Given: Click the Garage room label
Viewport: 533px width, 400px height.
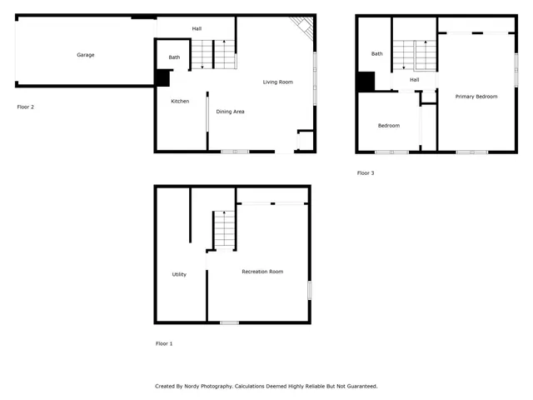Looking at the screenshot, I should click(x=86, y=55).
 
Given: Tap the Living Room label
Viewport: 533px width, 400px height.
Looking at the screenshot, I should click(x=277, y=82).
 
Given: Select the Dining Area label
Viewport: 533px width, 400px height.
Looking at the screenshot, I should click(x=230, y=111).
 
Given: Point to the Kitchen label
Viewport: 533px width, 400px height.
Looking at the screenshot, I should click(x=180, y=101).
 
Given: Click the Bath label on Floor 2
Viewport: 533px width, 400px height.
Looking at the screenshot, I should click(x=174, y=57).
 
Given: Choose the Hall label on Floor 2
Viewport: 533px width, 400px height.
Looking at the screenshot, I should click(x=197, y=28).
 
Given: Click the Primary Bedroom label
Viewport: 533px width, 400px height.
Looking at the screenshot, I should click(x=476, y=97).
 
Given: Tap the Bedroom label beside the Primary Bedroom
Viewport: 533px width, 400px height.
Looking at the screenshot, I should click(x=388, y=126).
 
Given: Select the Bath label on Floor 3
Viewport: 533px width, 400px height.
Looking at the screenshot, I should click(x=376, y=53).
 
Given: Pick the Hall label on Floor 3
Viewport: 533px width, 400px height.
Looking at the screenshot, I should click(x=414, y=80).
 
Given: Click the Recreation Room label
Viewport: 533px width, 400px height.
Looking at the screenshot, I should click(x=262, y=272).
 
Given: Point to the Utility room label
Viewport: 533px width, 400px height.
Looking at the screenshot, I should click(x=179, y=274).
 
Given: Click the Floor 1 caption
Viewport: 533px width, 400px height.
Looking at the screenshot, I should click(x=164, y=343).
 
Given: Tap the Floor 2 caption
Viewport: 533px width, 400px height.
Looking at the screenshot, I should click(x=26, y=107).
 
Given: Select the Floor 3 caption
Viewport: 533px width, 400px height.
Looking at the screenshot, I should click(x=366, y=173).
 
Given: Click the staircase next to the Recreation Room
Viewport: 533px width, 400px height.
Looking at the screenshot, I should click(x=223, y=229).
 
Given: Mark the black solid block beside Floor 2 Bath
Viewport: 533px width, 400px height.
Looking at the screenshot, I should click(x=162, y=77).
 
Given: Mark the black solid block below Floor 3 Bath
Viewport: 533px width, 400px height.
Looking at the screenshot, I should click(x=366, y=82).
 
